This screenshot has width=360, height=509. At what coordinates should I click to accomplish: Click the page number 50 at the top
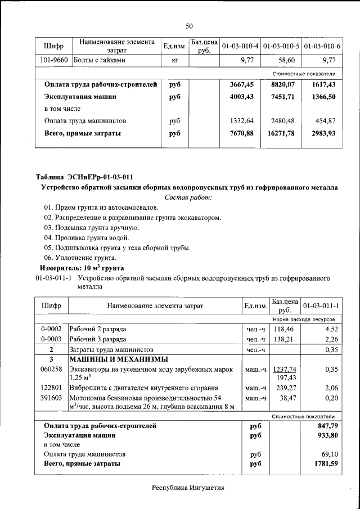[189, 26]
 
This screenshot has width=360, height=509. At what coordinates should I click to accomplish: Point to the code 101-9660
[55, 60]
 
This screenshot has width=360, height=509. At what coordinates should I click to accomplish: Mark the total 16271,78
[282, 133]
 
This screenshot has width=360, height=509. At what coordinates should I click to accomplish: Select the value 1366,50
[323, 97]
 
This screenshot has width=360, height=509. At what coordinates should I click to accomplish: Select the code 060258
[51, 369]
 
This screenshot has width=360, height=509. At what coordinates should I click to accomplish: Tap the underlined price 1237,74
[284, 369]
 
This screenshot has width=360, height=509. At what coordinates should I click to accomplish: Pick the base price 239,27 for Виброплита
[285, 388]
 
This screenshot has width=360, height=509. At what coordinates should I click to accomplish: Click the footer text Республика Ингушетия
[188, 488]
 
